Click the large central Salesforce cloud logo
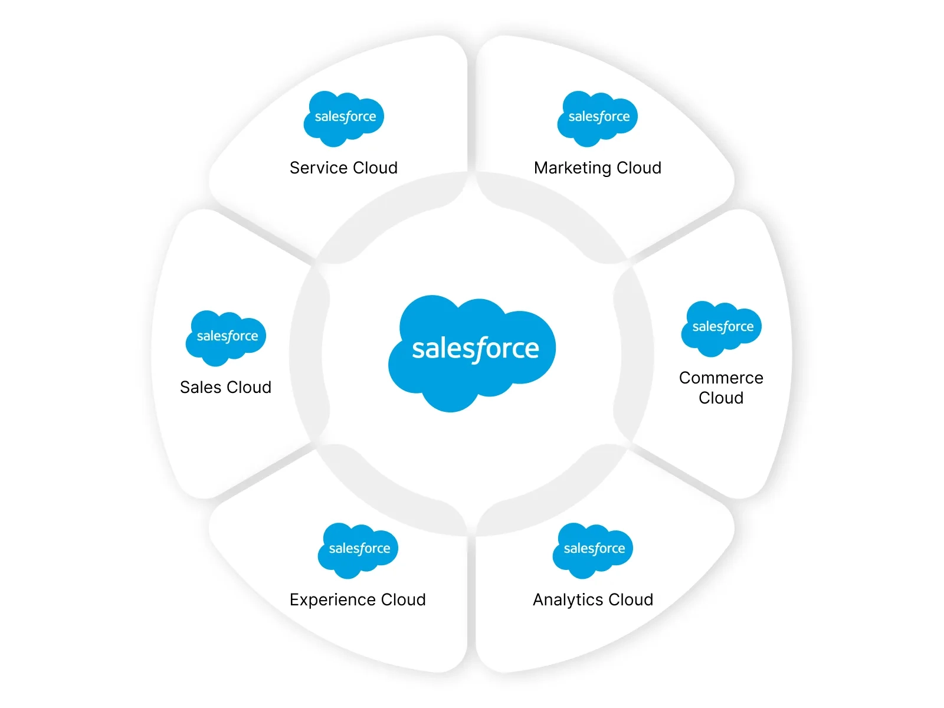(472, 352)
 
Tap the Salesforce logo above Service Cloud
(344, 118)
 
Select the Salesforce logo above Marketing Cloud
(598, 118)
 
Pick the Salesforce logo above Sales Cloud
(226, 337)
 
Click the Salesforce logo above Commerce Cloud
(722, 328)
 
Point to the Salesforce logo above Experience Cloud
(358, 550)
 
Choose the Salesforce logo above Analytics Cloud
(593, 550)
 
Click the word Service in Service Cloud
(318, 168)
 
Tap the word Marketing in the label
(572, 168)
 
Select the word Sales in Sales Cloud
(201, 388)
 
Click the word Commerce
(721, 378)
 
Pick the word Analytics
(568, 600)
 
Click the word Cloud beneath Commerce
(721, 398)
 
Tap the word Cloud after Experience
(404, 600)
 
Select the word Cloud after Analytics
(631, 600)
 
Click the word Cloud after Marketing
(639, 168)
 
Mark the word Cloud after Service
(375, 168)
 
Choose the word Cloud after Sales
(249, 388)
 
